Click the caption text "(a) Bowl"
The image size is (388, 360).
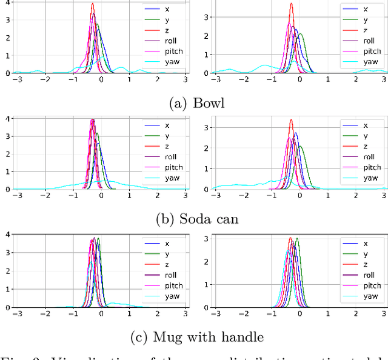tap(196, 103)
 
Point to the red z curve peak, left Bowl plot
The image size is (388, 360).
tap(93, 4)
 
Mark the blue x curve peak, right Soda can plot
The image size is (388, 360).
tap(296, 133)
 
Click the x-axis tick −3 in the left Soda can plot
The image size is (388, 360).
tap(18, 196)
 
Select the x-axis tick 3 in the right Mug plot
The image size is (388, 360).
tap(384, 313)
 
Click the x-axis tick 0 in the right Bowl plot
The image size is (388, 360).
tap(299, 79)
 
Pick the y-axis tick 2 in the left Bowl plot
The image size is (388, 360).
tap(7, 37)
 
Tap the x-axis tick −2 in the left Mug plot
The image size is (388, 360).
tap(45, 313)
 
